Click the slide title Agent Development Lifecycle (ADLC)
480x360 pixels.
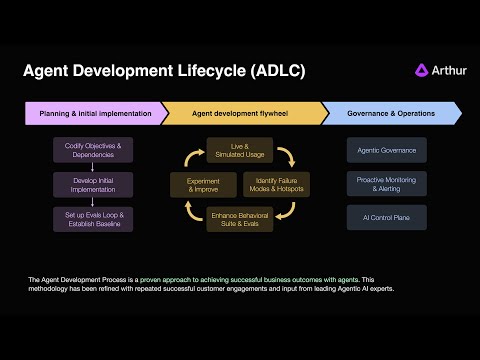(x=164, y=71)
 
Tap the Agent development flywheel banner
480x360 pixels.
(x=240, y=114)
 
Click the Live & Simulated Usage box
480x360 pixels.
(x=239, y=150)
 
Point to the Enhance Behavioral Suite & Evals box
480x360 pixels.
(x=239, y=219)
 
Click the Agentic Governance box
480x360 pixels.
(x=387, y=150)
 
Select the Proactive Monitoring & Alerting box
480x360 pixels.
(x=387, y=183)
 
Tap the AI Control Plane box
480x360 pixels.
(x=387, y=216)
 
